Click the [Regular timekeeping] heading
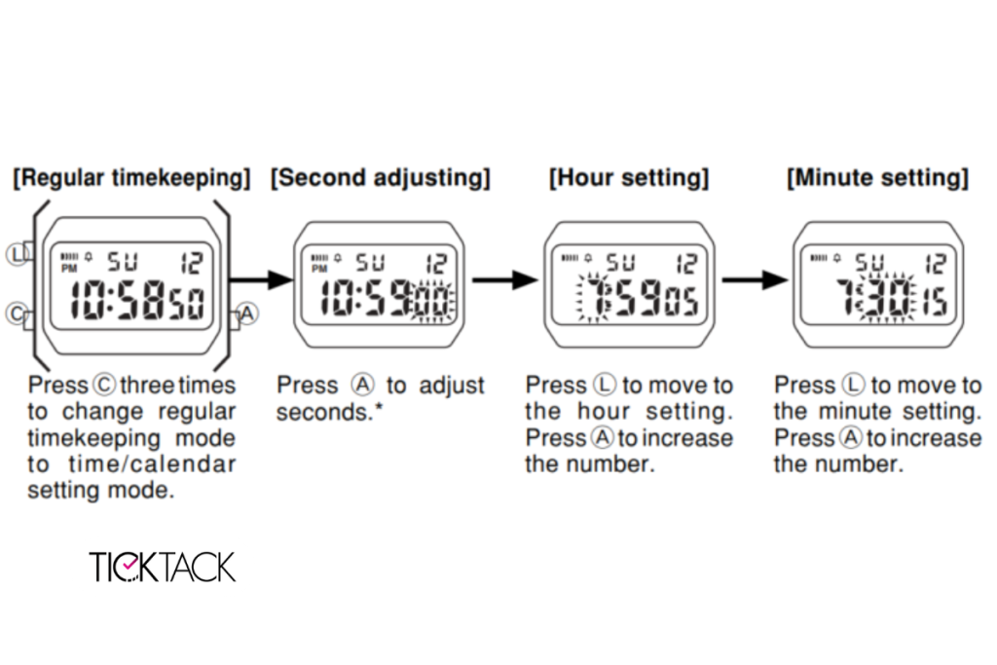tap(131, 178)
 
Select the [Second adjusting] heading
tap(381, 178)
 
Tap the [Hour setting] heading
tap(629, 178)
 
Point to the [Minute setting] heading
tap(877, 178)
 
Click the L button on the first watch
tap(18, 254)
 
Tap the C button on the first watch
tap(17, 314)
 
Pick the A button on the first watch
tap(246, 314)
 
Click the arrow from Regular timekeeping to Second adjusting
tap(261, 279)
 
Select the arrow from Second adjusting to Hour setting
tap(505, 279)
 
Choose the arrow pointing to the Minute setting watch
tap(756, 279)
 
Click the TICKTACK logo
tap(163, 567)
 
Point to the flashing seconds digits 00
tap(433, 302)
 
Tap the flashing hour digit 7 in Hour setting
tap(595, 298)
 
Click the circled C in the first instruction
tap(104, 386)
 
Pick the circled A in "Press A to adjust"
tap(363, 386)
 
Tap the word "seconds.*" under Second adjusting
tap(329, 412)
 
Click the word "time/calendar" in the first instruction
tap(152, 464)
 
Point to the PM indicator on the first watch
tap(69, 269)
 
